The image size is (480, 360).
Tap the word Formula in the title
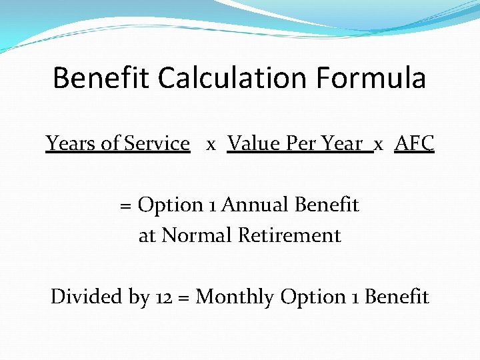[x=371, y=78]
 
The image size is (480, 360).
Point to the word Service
[x=157, y=143]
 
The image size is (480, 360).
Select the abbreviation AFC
[x=414, y=143]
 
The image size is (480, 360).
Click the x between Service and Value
[x=211, y=145]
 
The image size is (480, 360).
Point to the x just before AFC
[x=379, y=145]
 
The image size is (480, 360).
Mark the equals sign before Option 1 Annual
[x=125, y=205]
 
